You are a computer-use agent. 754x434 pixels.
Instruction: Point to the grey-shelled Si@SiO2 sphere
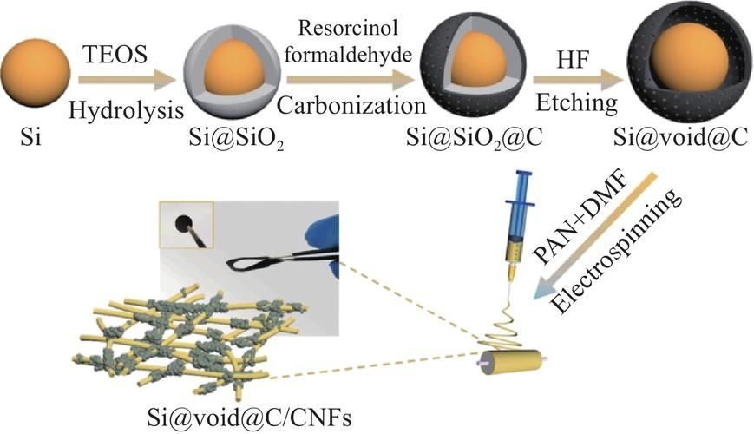[226, 78]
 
